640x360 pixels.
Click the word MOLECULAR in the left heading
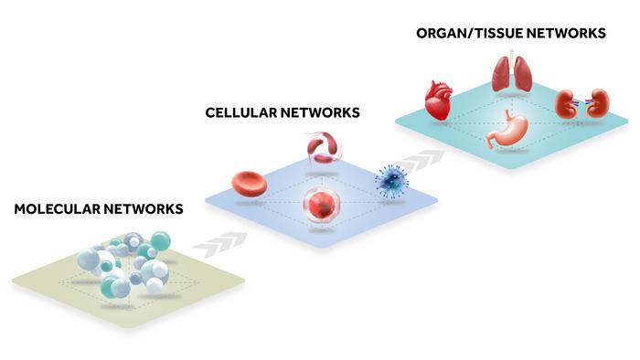pos(57,208)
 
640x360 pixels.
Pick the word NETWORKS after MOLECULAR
pos(144,208)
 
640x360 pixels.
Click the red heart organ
pos(438,100)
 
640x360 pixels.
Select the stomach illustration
pos(507,129)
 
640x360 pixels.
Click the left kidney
pos(566,104)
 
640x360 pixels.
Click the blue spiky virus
pos(391,182)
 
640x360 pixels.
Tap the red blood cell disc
pos(250,185)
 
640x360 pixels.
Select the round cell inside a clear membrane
pos(322,205)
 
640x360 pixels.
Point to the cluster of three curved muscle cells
pos(323,148)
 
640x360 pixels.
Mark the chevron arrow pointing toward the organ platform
pos(421,161)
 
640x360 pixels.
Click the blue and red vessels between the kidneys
pos(581,103)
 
